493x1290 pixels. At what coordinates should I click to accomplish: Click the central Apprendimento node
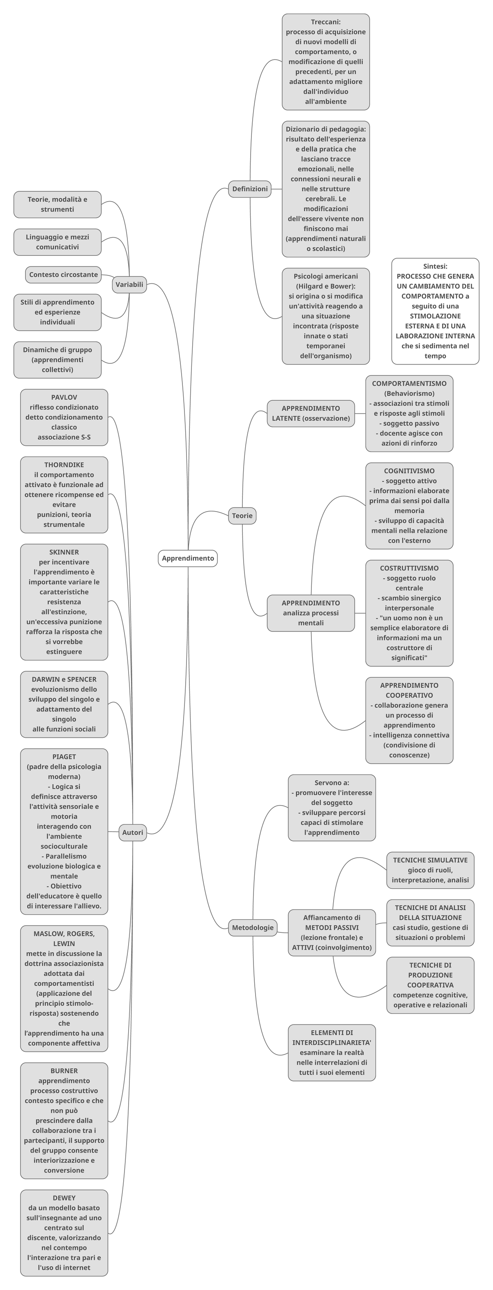click(x=188, y=558)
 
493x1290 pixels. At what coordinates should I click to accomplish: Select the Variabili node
click(x=129, y=285)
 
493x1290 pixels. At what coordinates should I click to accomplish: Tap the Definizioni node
click(x=250, y=189)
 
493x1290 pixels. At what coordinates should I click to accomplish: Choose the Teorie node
click(x=242, y=515)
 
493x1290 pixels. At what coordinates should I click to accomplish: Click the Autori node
click(x=133, y=832)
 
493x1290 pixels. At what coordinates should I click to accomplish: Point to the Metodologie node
click(x=253, y=927)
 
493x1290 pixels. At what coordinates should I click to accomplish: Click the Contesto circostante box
click(x=63, y=274)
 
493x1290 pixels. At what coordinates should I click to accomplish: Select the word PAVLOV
click(x=64, y=397)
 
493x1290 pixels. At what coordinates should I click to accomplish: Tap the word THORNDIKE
click(x=64, y=465)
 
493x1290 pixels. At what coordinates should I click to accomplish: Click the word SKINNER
click(x=64, y=552)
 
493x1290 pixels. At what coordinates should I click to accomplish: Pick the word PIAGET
click(x=64, y=756)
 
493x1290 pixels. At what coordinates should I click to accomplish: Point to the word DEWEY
click(x=64, y=1198)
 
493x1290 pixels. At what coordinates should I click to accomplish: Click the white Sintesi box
click(x=435, y=311)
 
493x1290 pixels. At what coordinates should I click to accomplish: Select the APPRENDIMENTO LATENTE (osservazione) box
click(x=311, y=413)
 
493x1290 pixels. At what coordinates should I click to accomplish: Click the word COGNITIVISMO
click(x=409, y=471)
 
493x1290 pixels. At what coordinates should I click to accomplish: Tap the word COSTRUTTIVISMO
click(x=409, y=568)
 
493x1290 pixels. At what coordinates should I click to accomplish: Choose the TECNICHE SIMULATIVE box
click(x=430, y=870)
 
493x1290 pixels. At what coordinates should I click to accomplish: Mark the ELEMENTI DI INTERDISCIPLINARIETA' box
click(x=332, y=1053)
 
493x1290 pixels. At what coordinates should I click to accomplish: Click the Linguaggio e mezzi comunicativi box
click(x=57, y=242)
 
